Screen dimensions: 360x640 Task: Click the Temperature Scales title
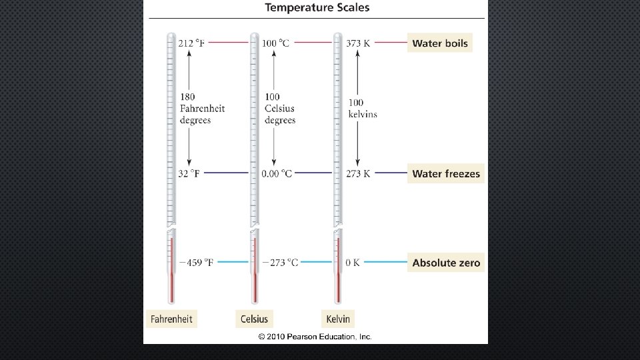317,8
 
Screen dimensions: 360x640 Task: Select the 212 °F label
192,43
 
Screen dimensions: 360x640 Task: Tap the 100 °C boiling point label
276,43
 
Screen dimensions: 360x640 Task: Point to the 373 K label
358,43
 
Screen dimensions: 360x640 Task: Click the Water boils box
440,43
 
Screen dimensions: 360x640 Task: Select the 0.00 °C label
277,173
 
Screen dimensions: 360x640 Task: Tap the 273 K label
358,173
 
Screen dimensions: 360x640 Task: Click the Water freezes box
445,173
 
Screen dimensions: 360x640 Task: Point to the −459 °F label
196,263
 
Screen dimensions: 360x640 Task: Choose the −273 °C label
279,263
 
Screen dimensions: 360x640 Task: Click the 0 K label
353,263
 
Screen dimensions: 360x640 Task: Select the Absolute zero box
445,263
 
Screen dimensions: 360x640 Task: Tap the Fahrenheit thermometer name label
171,319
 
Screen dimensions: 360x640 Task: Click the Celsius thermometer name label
254,319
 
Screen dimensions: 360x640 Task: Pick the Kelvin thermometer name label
337,319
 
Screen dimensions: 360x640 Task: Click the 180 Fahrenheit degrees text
202,108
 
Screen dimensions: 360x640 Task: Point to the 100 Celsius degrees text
279,108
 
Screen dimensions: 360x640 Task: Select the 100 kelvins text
362,108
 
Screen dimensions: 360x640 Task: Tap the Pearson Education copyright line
315,337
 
